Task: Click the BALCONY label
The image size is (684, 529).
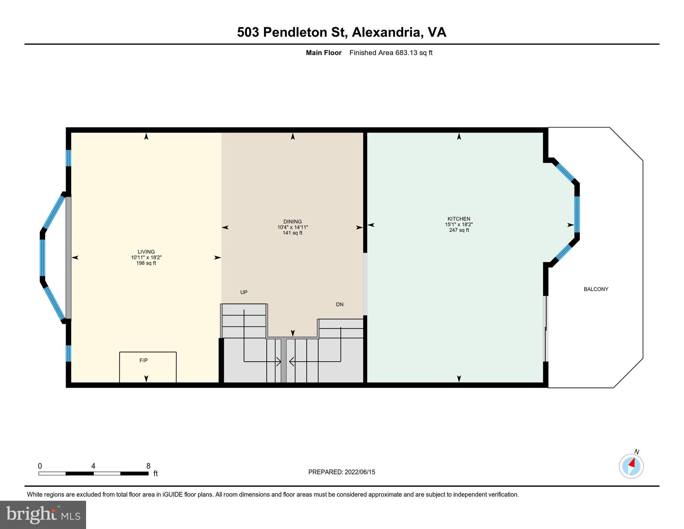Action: coord(596,289)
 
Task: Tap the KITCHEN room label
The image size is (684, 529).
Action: coord(459,219)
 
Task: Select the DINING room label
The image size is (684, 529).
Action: coord(293,222)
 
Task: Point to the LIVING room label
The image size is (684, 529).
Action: coord(146,252)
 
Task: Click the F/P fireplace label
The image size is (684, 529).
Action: coord(144,361)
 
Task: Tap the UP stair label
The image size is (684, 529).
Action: coord(244,292)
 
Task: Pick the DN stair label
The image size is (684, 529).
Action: coord(340,304)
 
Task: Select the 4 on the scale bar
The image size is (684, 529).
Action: coord(93,466)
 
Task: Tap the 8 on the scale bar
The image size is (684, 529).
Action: coord(148,466)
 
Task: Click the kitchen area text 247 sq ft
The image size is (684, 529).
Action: coord(459,230)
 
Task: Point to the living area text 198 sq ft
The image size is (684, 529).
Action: coord(146,263)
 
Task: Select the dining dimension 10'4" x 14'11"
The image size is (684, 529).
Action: coord(293,227)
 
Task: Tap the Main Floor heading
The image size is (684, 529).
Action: coord(324,53)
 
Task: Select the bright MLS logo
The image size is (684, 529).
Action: coord(43,515)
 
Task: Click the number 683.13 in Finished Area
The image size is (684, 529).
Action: coord(406,53)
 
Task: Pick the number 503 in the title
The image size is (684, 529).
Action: coord(248,32)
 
